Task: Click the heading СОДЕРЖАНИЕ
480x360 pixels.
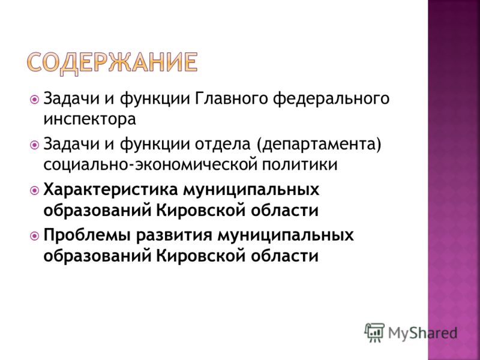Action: coord(112,64)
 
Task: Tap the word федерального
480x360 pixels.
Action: coord(331,99)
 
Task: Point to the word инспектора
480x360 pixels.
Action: coord(89,119)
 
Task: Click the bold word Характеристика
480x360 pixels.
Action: coord(110,190)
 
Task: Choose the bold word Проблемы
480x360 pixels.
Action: coord(87,236)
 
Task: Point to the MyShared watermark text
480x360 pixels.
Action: coord(422,333)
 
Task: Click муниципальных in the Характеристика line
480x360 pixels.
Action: coord(251,190)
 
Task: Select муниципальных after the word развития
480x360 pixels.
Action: coord(286,236)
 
